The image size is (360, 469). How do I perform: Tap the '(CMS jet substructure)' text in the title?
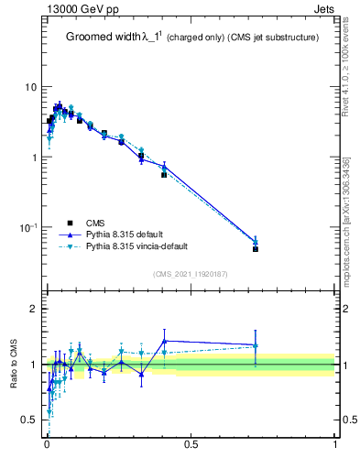click(267, 38)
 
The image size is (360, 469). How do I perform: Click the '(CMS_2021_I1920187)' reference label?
click(191, 274)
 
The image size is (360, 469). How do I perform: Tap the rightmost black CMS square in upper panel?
click(256, 249)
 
